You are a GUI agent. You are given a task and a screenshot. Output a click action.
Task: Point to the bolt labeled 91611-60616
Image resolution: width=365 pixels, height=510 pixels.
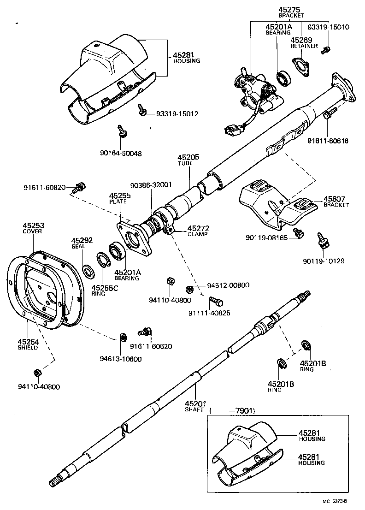click(x=329, y=113)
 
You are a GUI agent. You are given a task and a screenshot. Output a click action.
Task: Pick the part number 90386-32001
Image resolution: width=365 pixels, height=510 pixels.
click(x=151, y=184)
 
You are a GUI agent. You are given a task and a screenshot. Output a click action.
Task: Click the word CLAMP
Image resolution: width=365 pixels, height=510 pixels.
click(x=198, y=234)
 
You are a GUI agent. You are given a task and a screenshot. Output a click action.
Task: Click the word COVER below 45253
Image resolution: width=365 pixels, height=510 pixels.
click(x=32, y=231)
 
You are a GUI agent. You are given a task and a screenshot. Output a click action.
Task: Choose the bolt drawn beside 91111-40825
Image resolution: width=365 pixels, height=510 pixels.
click(x=215, y=302)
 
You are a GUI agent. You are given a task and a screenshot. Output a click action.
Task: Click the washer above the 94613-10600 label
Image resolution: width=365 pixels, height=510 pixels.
click(x=123, y=337)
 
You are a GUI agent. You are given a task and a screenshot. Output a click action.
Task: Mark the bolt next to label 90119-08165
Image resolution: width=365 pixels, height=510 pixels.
click(x=298, y=234)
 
